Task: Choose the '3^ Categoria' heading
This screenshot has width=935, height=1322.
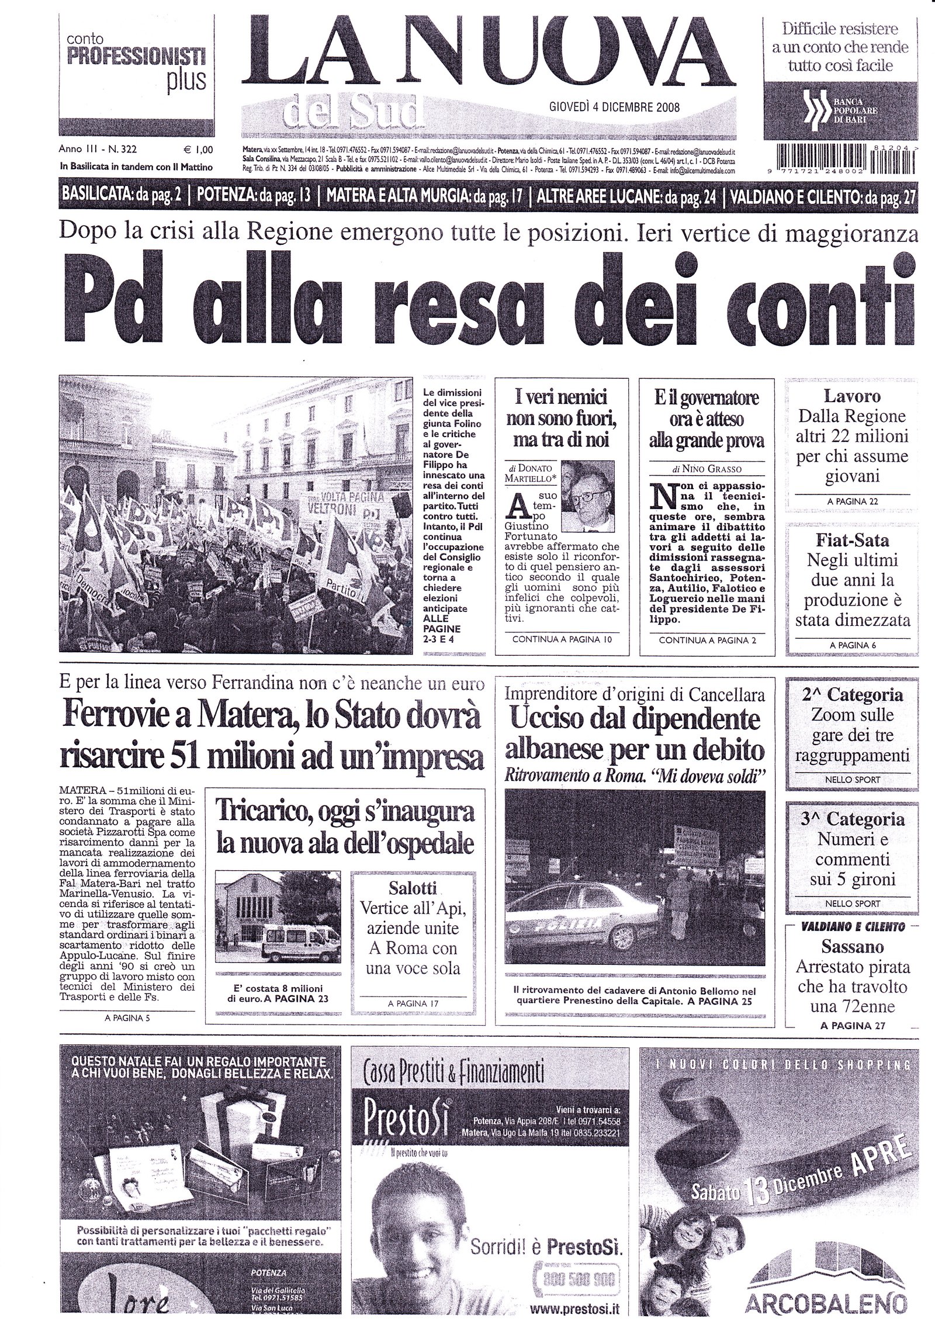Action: [854, 819]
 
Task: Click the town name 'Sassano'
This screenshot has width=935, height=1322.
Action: [853, 946]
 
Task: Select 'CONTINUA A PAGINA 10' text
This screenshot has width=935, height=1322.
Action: [561, 640]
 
